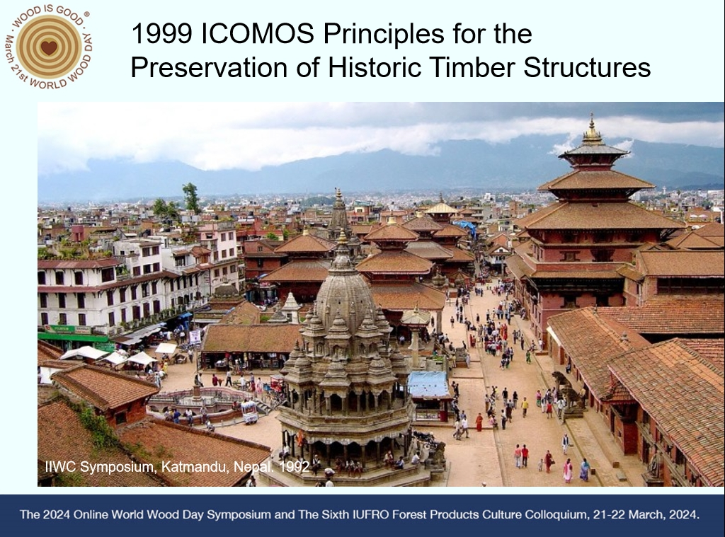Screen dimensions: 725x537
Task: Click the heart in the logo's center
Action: point(49,47)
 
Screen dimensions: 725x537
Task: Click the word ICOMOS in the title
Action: point(258,34)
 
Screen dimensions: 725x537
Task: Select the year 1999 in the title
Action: point(162,34)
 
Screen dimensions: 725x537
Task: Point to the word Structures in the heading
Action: point(587,67)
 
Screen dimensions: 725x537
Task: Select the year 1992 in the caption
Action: point(294,467)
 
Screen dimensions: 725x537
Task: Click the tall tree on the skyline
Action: point(191,198)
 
